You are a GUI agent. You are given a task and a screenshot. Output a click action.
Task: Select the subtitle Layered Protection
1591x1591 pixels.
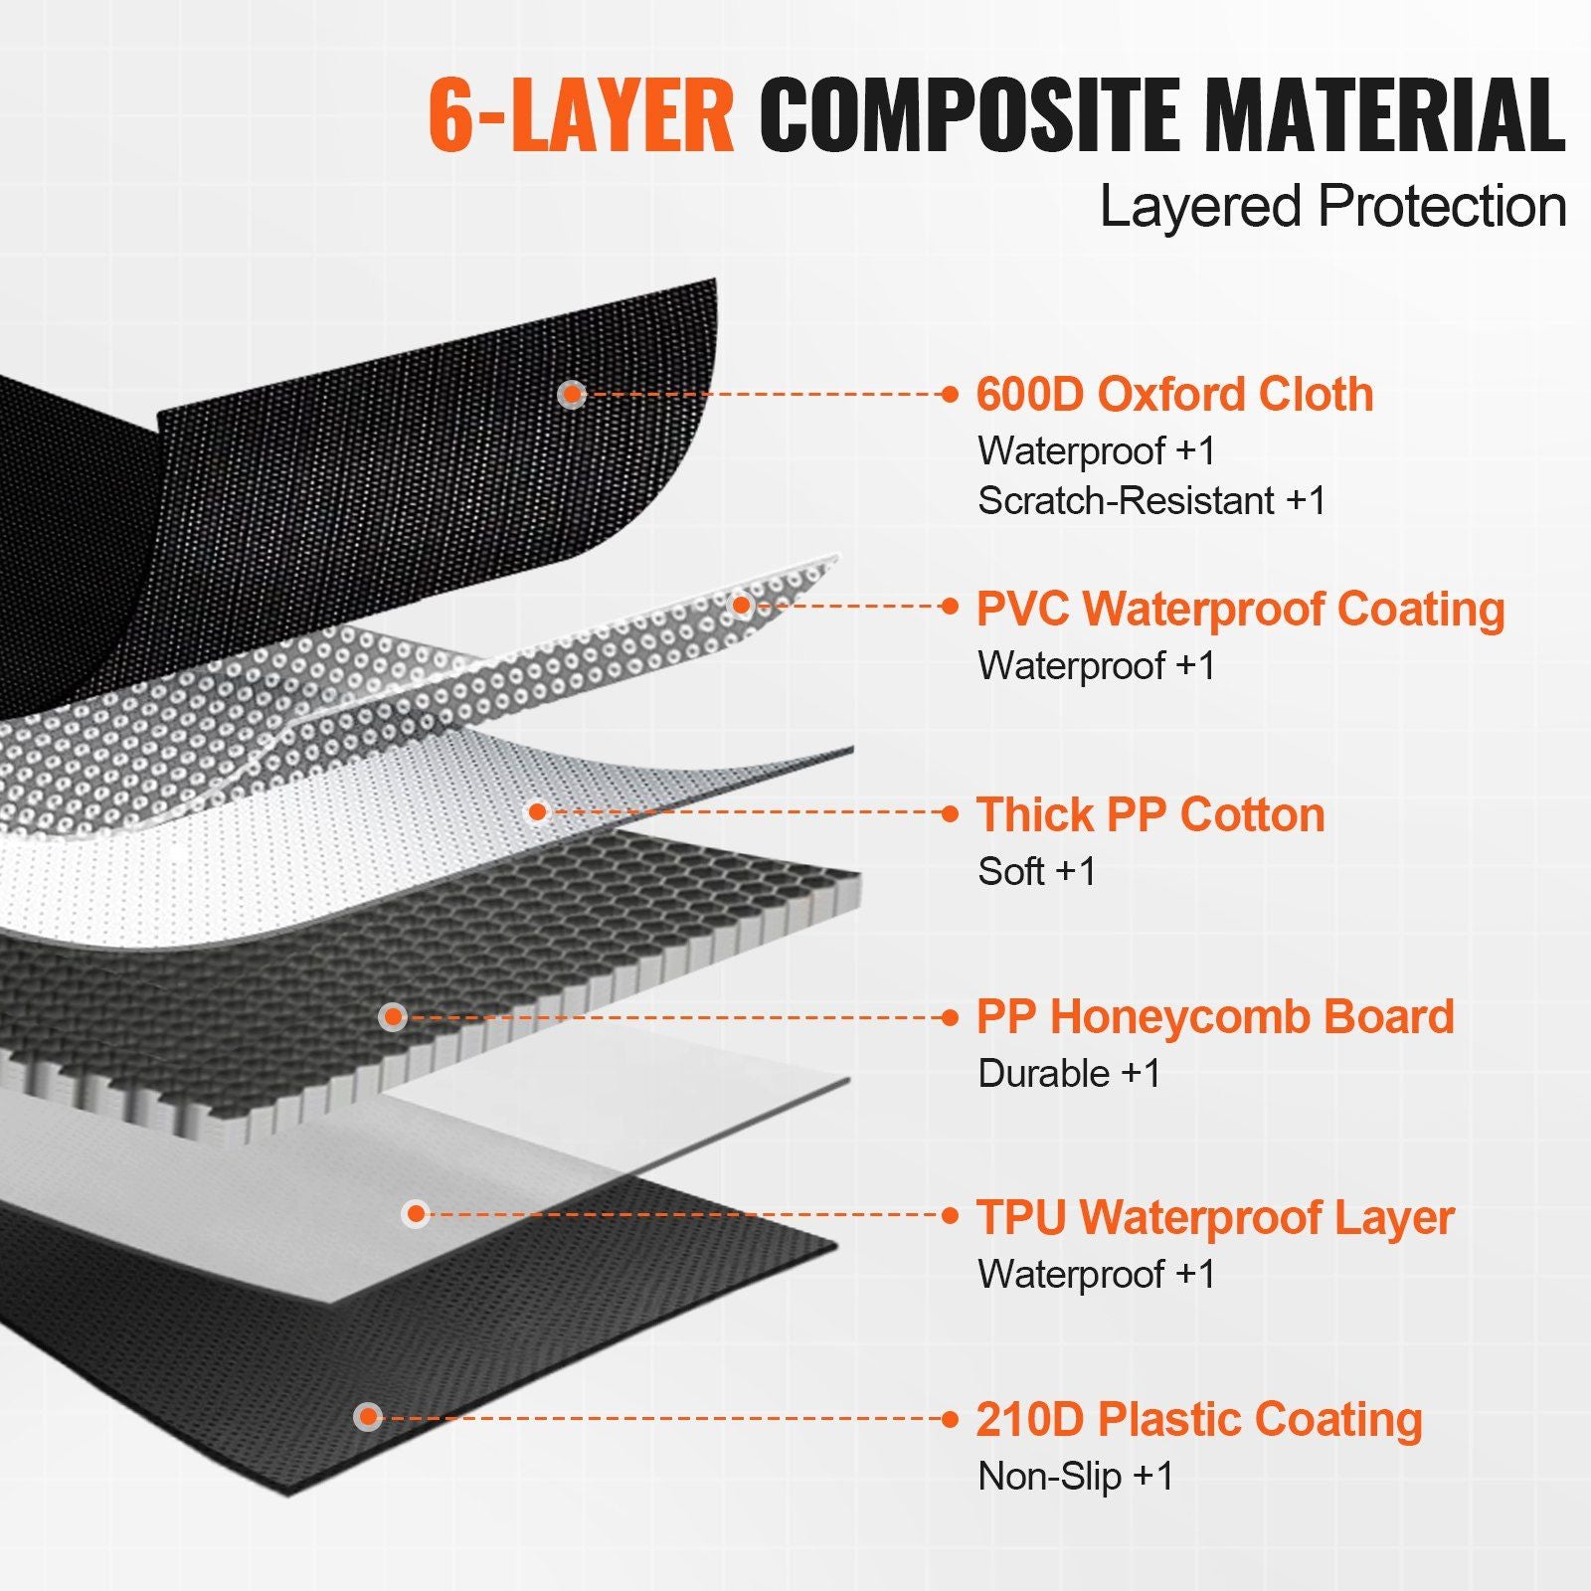click(x=1333, y=207)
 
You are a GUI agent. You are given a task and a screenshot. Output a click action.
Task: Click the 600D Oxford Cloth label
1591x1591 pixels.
click(x=1174, y=394)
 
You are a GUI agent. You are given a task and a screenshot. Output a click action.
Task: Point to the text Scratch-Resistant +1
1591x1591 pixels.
click(x=1151, y=500)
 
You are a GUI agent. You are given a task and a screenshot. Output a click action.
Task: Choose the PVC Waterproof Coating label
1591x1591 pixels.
click(x=1240, y=610)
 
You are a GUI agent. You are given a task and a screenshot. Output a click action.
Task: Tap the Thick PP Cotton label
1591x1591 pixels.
click(x=1150, y=814)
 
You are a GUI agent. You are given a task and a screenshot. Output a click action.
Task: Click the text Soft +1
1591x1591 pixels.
click(x=1037, y=871)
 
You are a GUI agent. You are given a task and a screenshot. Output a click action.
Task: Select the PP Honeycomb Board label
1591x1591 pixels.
click(x=1215, y=1017)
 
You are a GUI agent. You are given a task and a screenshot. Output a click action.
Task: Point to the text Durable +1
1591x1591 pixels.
click(x=1070, y=1073)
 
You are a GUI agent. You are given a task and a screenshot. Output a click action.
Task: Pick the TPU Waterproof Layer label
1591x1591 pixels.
click(x=1215, y=1218)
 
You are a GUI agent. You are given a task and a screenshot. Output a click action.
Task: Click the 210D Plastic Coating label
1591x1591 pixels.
click(x=1199, y=1420)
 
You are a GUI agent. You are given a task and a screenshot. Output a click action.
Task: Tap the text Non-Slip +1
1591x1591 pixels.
click(x=1076, y=1476)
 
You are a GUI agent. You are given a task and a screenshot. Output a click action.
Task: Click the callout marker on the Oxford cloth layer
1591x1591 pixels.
click(x=571, y=394)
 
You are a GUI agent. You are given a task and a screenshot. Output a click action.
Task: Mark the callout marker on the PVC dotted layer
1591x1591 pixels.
click(x=742, y=604)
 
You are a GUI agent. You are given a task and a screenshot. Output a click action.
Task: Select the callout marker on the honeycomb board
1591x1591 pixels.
click(x=394, y=1016)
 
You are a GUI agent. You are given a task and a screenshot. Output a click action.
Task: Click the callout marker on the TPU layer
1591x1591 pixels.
click(x=417, y=1213)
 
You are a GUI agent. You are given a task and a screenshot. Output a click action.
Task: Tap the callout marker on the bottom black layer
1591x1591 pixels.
click(x=369, y=1417)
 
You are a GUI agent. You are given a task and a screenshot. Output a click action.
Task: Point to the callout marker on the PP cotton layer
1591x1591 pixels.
click(x=538, y=812)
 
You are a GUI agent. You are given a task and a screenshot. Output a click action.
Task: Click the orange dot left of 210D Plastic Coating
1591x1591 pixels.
click(x=951, y=1419)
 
